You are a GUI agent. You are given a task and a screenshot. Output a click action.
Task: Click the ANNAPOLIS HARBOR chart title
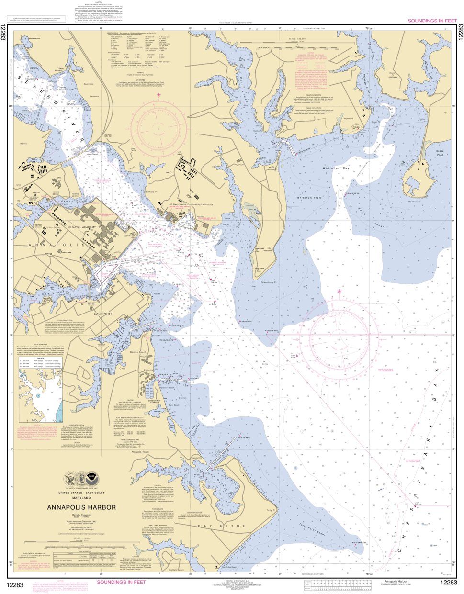(81, 507)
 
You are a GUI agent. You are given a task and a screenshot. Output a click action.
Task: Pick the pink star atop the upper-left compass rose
(158, 95)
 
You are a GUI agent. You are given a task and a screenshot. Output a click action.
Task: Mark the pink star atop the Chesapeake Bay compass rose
(340, 291)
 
